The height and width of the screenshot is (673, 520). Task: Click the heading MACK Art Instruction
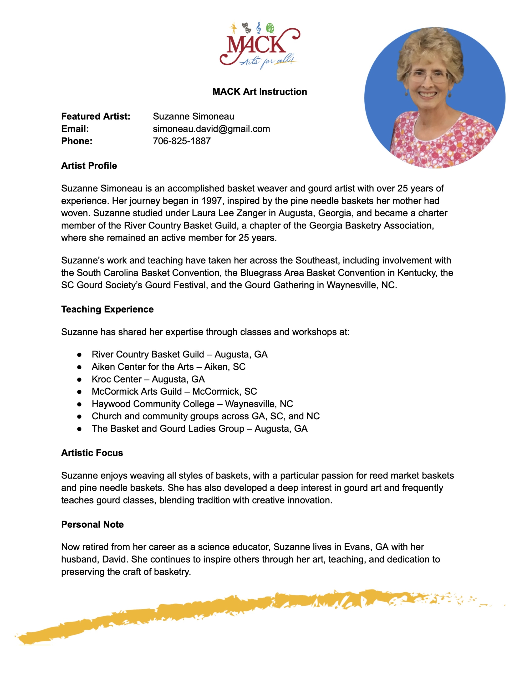point(259,91)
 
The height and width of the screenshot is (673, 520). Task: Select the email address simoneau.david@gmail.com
point(211,129)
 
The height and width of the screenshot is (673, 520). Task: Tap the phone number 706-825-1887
point(182,141)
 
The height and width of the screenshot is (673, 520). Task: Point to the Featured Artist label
point(95,116)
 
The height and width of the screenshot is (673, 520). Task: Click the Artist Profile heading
point(89,166)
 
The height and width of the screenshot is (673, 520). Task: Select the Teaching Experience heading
point(107,309)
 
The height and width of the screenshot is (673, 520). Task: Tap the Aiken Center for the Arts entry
point(168,367)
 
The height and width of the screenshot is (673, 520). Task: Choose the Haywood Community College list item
point(192,404)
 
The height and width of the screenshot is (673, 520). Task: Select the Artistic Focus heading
point(92,453)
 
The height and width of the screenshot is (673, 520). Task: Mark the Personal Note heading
point(92,524)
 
